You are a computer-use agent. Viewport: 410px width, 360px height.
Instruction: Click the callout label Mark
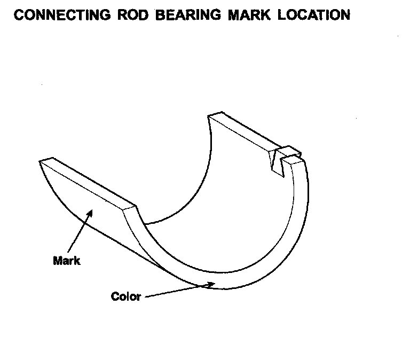click(67, 261)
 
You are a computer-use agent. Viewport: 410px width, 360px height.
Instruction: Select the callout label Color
click(126, 296)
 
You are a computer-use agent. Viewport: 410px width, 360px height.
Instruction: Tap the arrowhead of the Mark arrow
click(90, 214)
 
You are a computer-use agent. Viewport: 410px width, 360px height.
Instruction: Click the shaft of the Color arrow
click(176, 291)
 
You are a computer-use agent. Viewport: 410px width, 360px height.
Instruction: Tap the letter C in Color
click(115, 296)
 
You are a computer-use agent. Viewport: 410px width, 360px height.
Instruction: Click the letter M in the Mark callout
click(58, 261)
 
